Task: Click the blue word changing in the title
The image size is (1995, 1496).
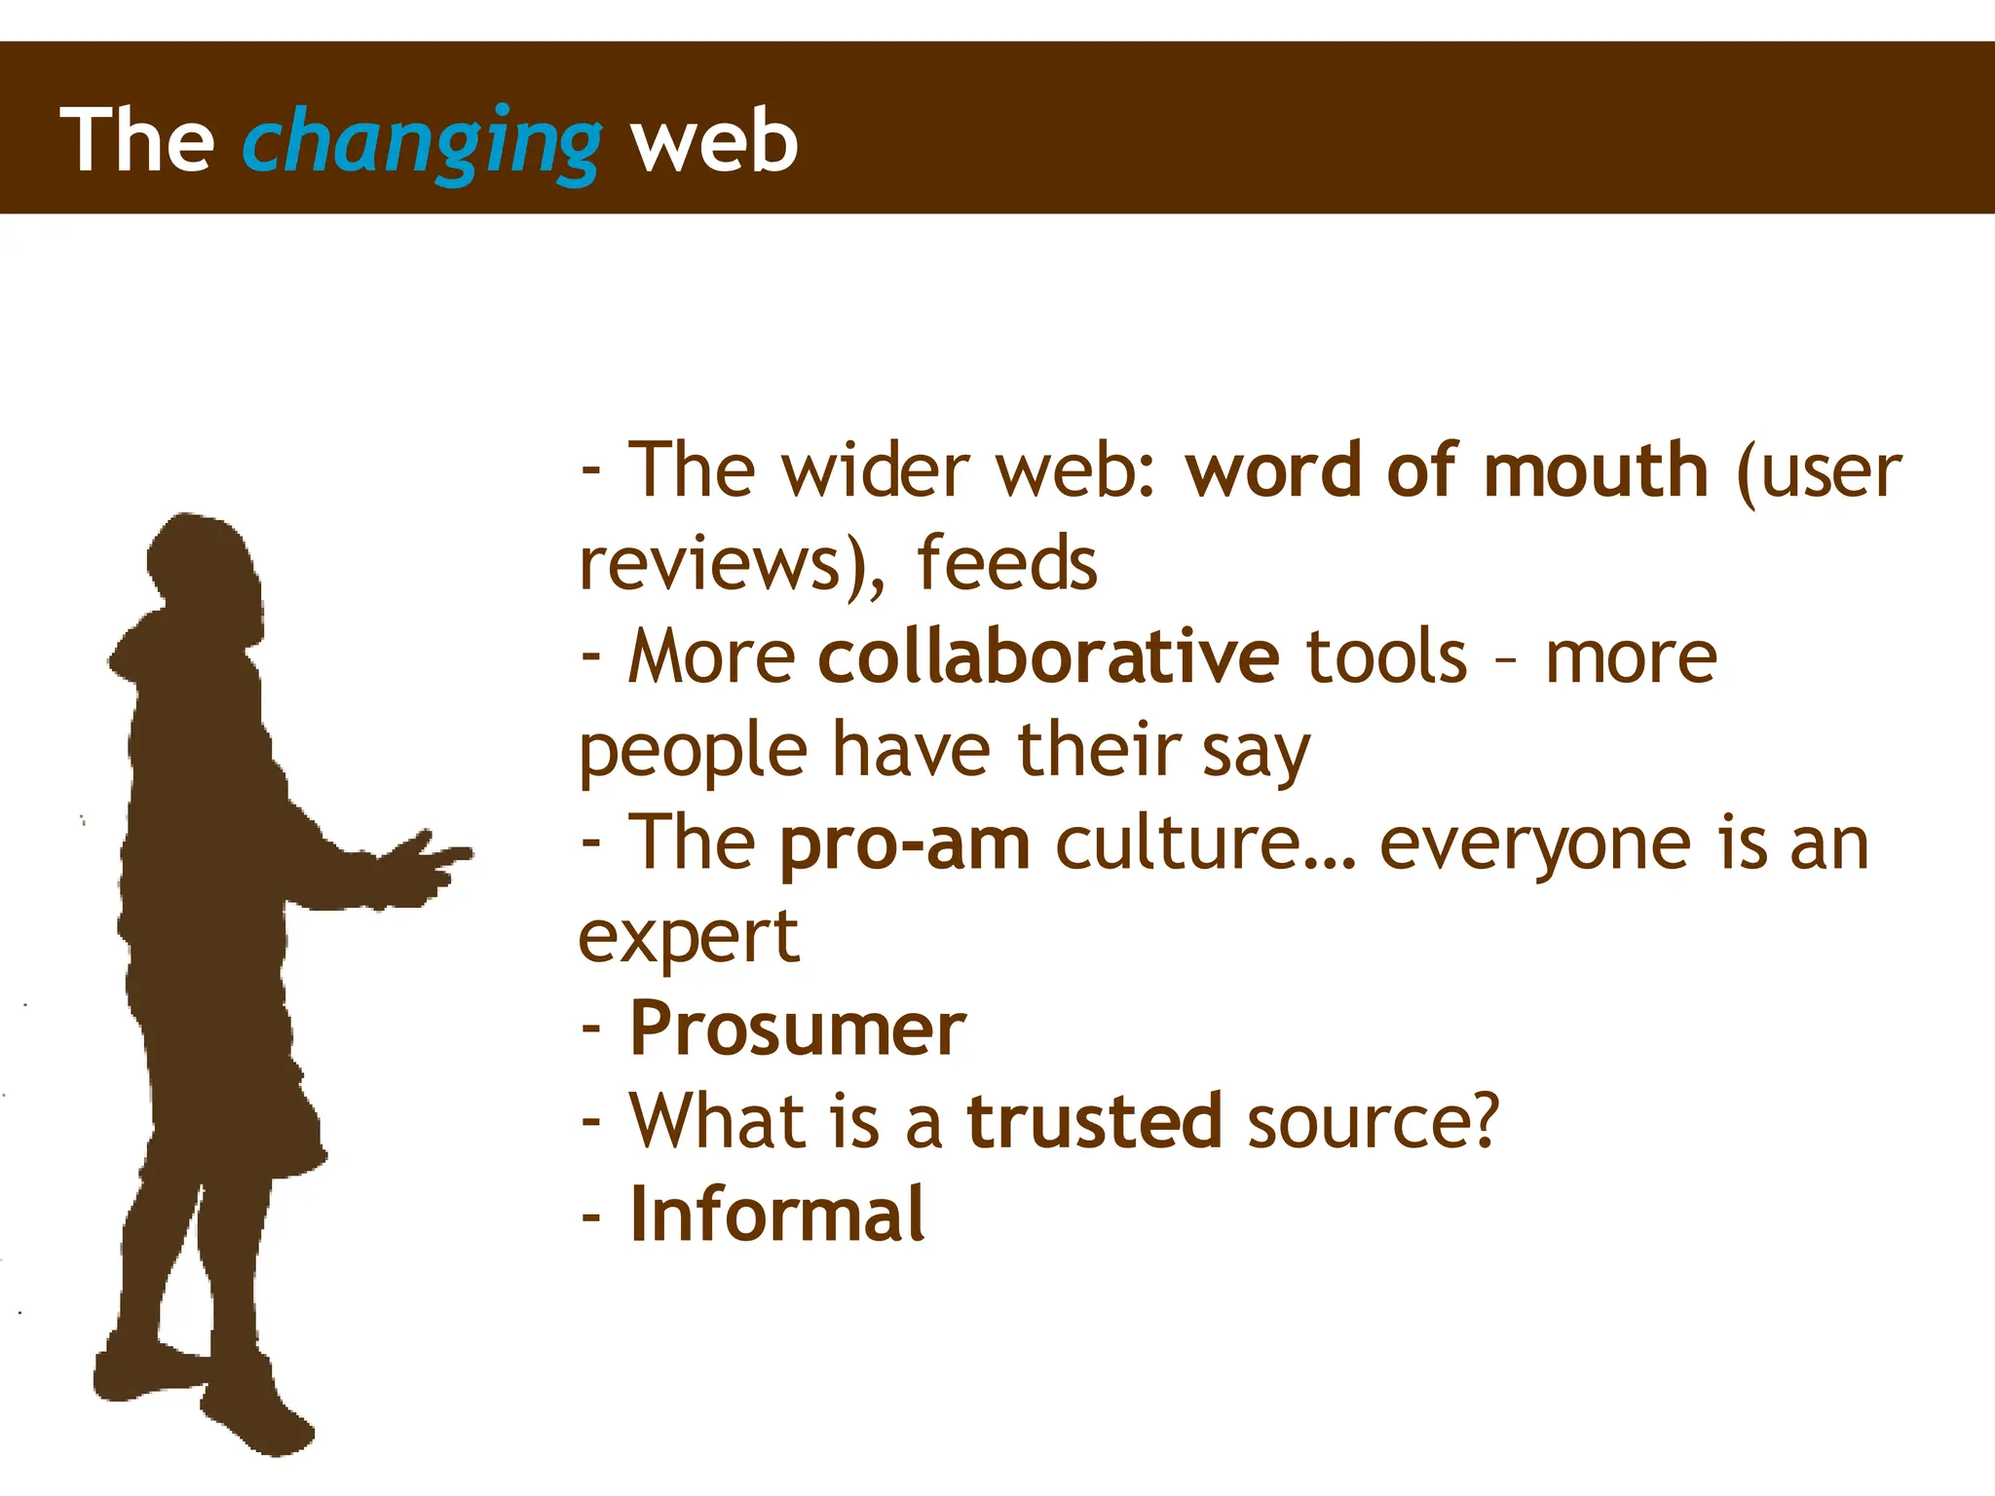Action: click(x=421, y=142)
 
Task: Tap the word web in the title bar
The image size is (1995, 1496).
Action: click(x=714, y=142)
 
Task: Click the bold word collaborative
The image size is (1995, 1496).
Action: click(x=1048, y=657)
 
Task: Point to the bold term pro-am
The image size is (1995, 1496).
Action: click(x=904, y=843)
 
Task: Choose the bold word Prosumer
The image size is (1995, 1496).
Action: click(x=797, y=1029)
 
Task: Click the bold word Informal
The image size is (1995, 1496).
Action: click(x=776, y=1215)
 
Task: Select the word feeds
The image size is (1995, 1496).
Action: click(x=1006, y=564)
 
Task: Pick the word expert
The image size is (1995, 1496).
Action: click(x=689, y=938)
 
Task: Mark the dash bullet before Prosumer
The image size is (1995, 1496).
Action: click(x=591, y=1028)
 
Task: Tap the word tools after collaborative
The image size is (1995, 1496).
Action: click(x=1385, y=657)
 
